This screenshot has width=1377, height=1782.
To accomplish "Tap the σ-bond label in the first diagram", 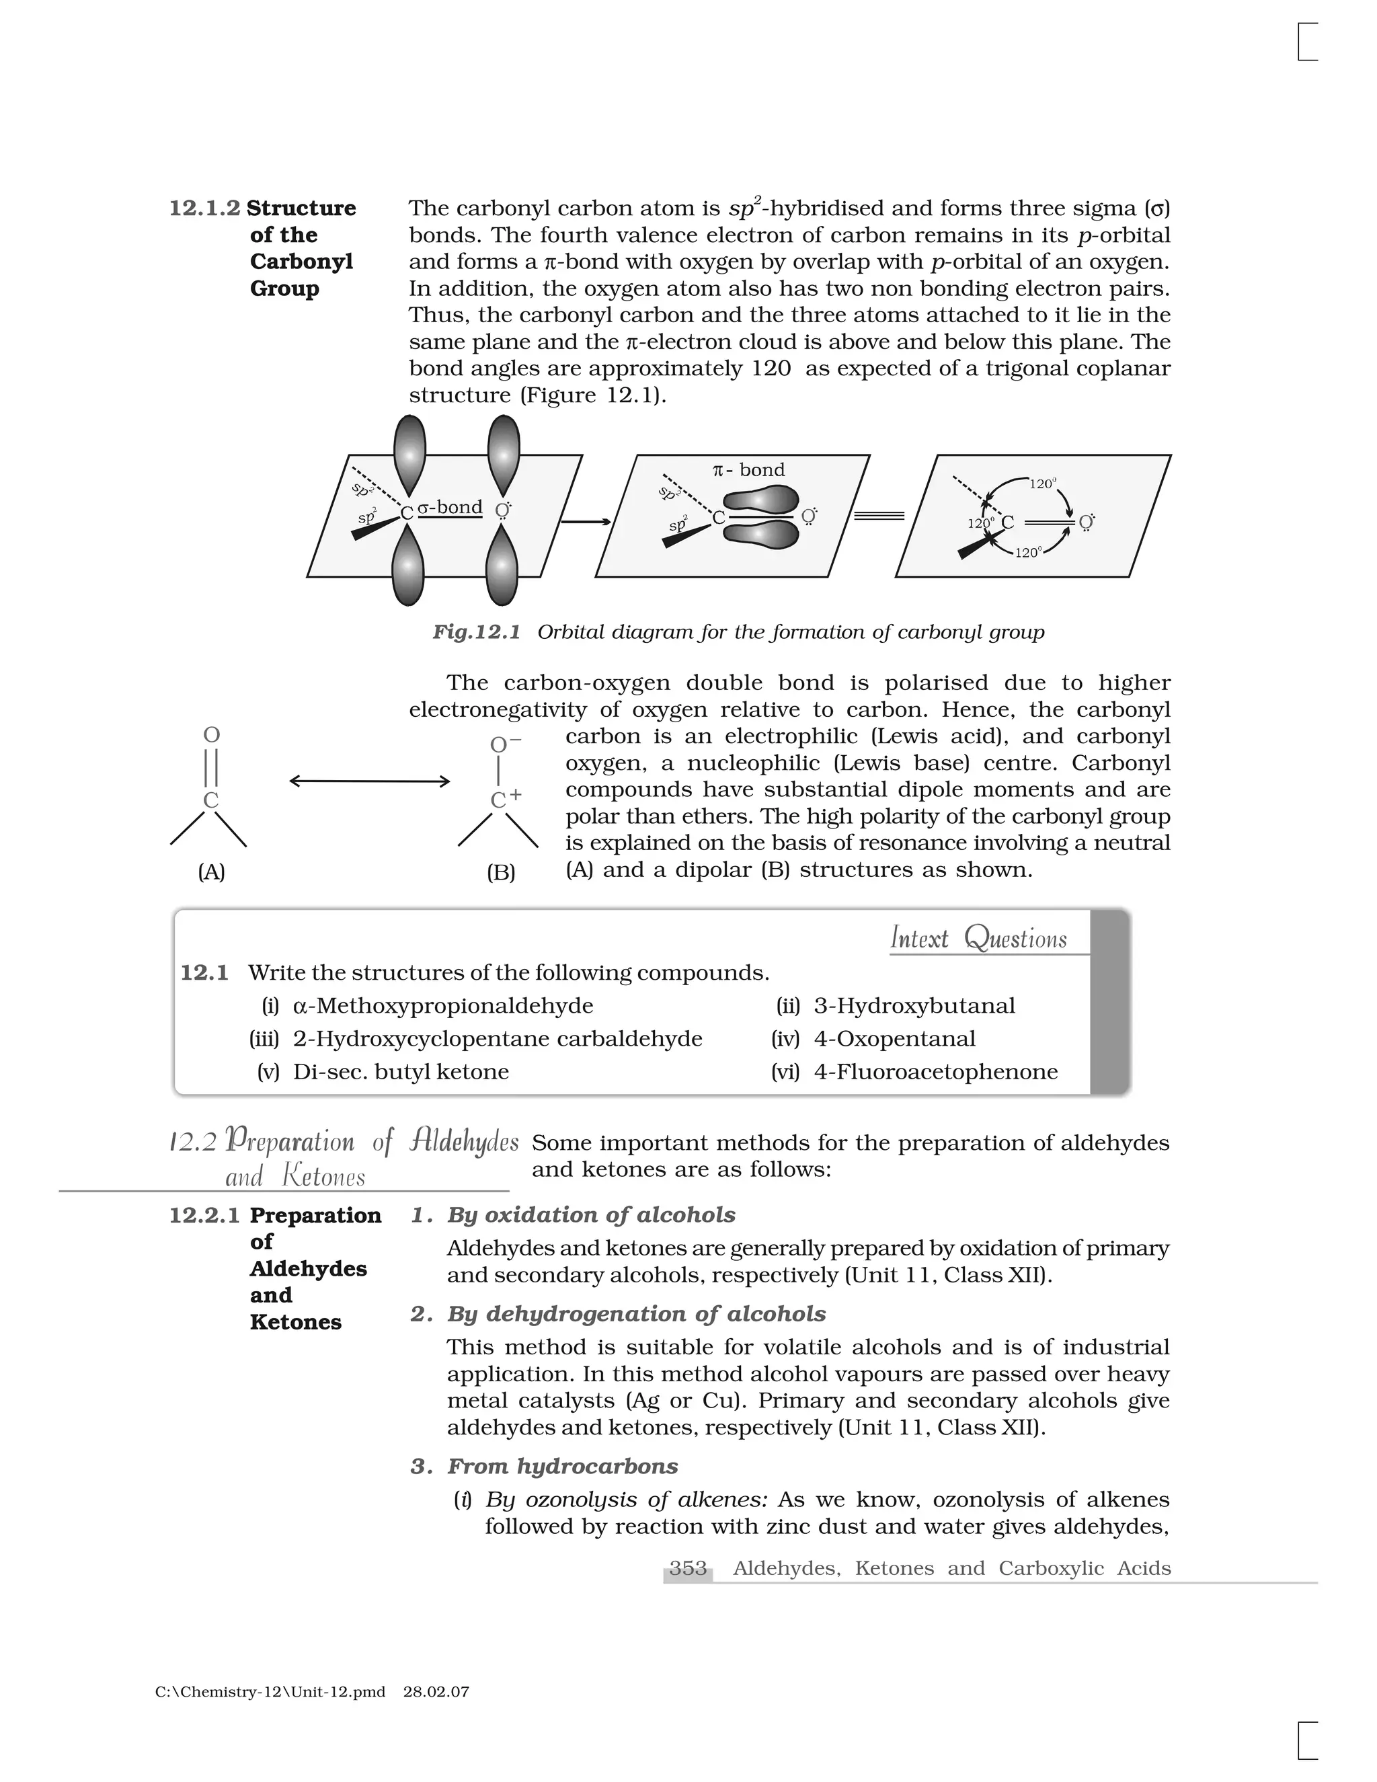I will [450, 508].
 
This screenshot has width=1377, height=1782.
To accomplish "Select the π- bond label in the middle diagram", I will [748, 470].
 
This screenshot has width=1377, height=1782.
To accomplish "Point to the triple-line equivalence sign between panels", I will [879, 516].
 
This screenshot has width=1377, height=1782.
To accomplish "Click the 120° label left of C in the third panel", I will [980, 524].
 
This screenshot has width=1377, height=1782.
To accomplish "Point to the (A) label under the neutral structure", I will [211, 872].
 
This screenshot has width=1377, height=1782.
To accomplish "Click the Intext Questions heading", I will [978, 938].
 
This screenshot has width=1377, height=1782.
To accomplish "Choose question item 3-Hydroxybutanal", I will [914, 1005].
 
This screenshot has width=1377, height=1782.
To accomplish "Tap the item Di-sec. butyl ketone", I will [401, 1071].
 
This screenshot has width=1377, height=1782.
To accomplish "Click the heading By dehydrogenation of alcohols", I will [635, 1314].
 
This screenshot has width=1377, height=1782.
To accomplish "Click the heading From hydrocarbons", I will [562, 1466].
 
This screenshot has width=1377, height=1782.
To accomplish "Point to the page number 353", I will [688, 1568].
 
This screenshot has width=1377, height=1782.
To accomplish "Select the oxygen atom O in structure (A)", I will [211, 735].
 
